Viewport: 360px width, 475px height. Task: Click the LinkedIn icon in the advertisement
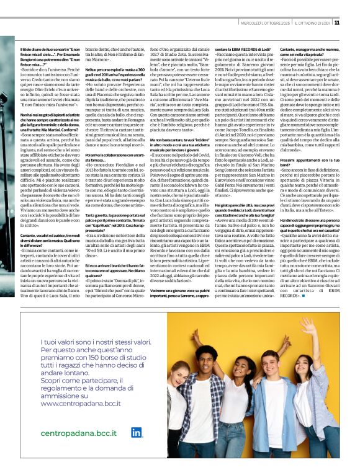(136, 432)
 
